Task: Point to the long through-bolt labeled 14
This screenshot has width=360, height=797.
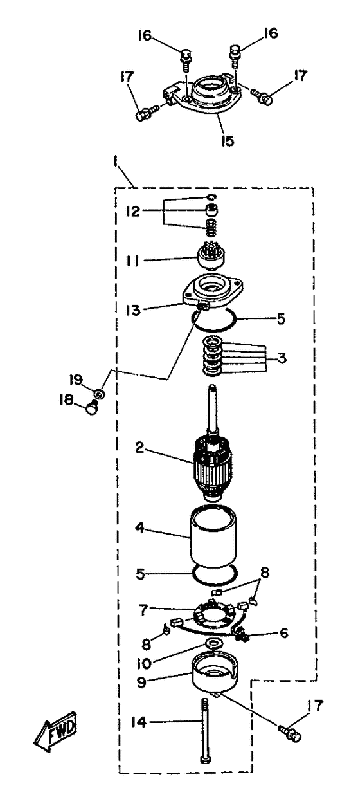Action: pos(205,731)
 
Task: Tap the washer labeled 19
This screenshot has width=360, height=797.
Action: pos(99,394)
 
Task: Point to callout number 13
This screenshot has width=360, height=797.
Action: pos(133,310)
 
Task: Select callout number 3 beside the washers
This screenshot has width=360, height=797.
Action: pos(282,358)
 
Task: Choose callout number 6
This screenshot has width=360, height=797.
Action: pos(283,633)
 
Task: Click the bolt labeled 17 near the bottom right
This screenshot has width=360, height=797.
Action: pos(291,732)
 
